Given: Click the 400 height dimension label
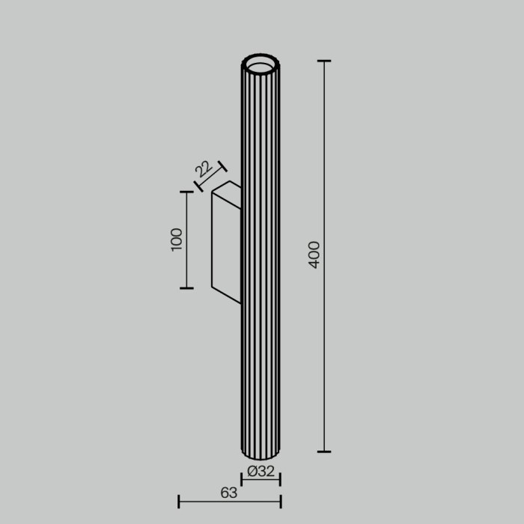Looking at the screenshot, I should (x=314, y=255).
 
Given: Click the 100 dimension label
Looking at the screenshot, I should (x=177, y=240).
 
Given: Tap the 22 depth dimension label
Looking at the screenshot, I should (x=202, y=168).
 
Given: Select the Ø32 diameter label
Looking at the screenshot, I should (x=261, y=472).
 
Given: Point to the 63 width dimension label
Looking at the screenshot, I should (x=229, y=493).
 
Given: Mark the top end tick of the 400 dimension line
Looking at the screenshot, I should (x=324, y=61).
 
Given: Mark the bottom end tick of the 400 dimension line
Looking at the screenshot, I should (x=324, y=451).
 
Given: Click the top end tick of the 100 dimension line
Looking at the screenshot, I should (x=186, y=192).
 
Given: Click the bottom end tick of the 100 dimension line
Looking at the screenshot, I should (x=186, y=287).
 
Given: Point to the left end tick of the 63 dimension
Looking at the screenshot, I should (x=179, y=501).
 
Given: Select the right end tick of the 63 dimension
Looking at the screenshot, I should (x=280, y=501).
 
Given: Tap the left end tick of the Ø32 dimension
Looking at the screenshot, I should (x=242, y=479).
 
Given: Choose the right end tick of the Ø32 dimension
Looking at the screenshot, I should (x=280, y=479).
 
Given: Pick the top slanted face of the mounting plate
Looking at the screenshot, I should (x=227, y=187).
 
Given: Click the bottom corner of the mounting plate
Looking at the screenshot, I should (x=213, y=288).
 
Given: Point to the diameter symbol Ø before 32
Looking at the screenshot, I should (x=252, y=472).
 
